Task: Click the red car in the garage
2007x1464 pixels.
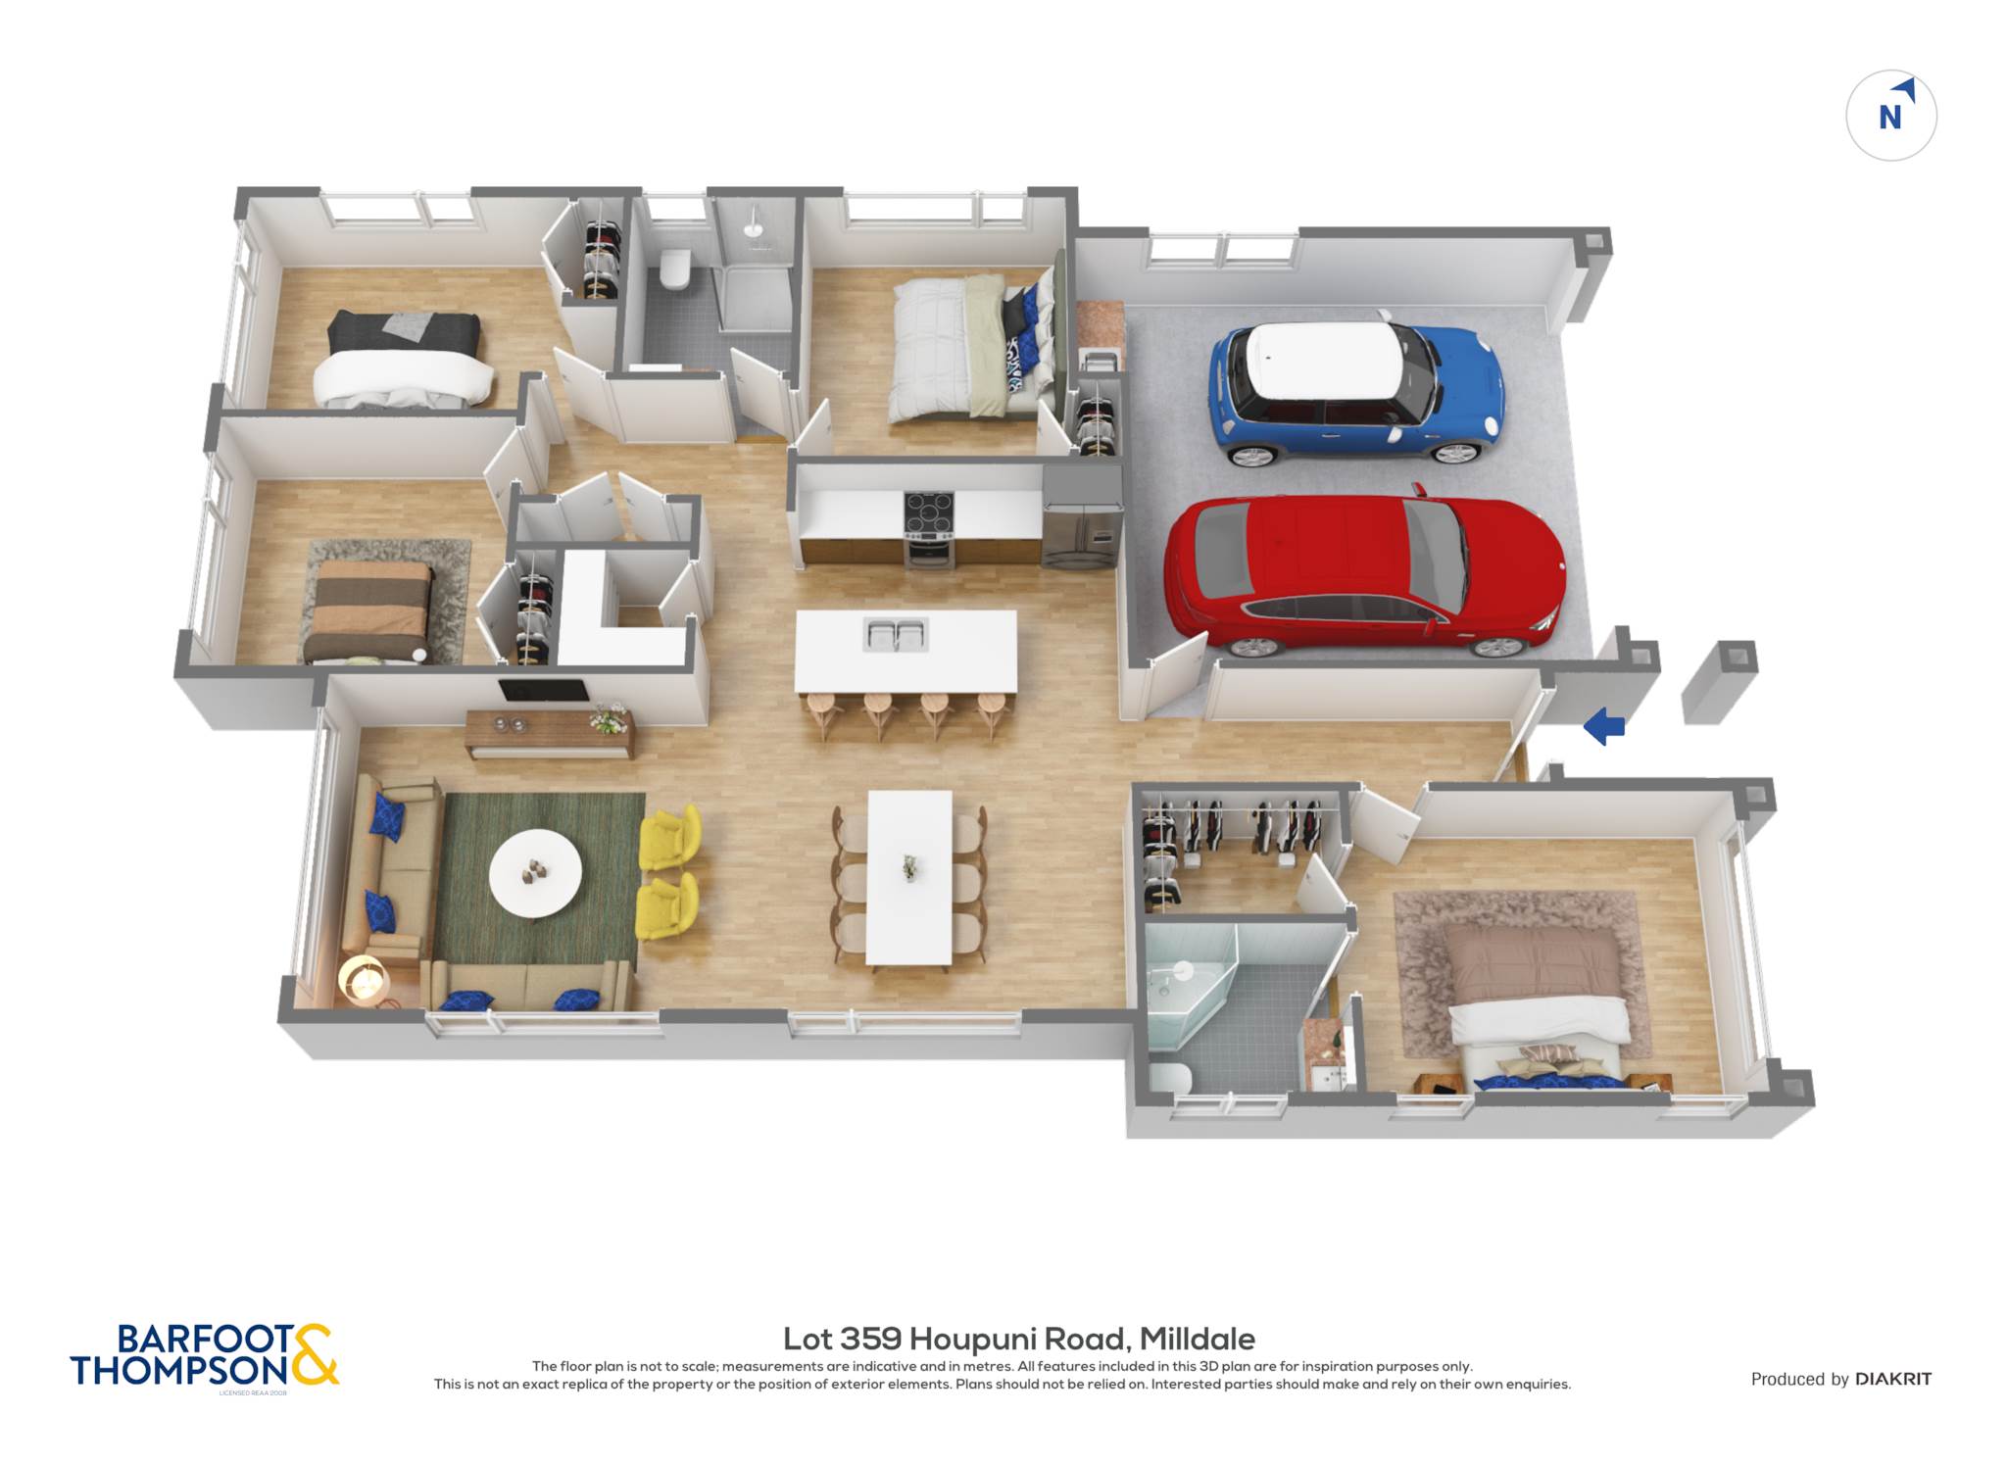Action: click(1364, 575)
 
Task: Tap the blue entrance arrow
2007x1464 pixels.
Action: click(1604, 726)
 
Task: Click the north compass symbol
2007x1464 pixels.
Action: click(1891, 116)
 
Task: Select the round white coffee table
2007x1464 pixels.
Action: click(535, 873)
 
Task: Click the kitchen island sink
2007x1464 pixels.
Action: click(895, 634)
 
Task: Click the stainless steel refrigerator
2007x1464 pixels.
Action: click(1082, 516)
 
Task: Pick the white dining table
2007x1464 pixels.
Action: click(909, 877)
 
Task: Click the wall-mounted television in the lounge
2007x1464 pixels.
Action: click(544, 691)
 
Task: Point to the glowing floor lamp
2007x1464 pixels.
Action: click(364, 979)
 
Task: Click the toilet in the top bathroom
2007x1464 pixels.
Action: click(675, 268)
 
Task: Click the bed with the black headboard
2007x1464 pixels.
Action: click(403, 359)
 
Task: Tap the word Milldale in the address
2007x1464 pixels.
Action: click(1197, 1339)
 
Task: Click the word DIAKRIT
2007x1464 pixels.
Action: click(1893, 1379)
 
